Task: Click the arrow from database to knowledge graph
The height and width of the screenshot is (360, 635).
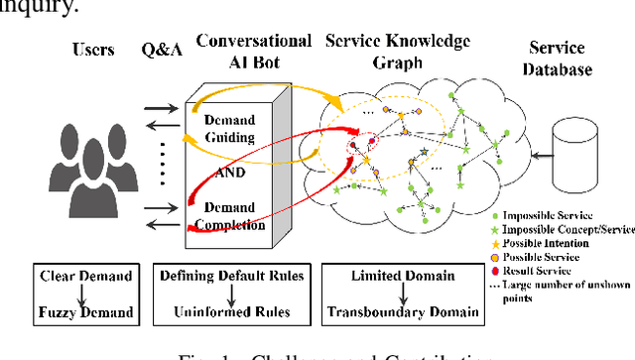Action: coord(536,157)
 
